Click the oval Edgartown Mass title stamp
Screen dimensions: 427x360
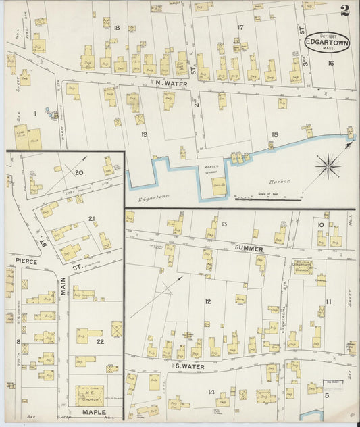327,43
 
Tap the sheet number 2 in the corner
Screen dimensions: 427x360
344,9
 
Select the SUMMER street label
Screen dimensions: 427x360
249,249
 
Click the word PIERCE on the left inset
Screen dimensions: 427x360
22,260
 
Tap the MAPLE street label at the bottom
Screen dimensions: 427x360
95,411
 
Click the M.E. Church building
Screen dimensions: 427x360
89,394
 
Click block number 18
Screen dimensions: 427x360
116,28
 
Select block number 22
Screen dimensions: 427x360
100,341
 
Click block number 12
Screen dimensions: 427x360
208,301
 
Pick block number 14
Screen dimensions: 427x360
211,392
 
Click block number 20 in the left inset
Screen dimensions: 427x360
79,173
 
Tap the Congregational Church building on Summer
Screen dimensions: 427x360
302,267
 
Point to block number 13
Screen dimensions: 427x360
223,224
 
